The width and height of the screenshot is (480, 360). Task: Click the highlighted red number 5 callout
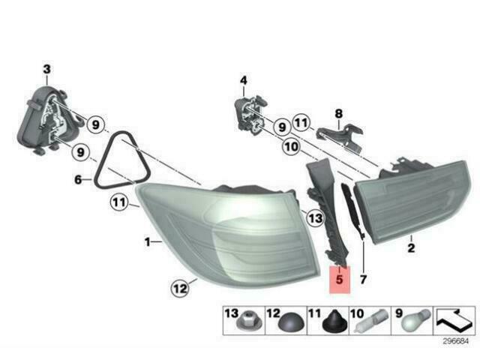(339, 280)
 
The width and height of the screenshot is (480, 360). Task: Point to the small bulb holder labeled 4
(249, 114)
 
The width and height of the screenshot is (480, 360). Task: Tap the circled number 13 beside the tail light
(315, 218)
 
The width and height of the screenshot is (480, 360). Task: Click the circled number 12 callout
(180, 288)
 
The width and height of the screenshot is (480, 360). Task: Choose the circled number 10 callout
(292, 147)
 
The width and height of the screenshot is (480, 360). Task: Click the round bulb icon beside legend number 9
(415, 320)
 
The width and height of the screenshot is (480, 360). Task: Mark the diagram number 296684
(456, 341)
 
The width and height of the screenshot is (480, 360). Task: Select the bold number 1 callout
(148, 242)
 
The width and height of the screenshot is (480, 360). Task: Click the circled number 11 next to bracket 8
(302, 122)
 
